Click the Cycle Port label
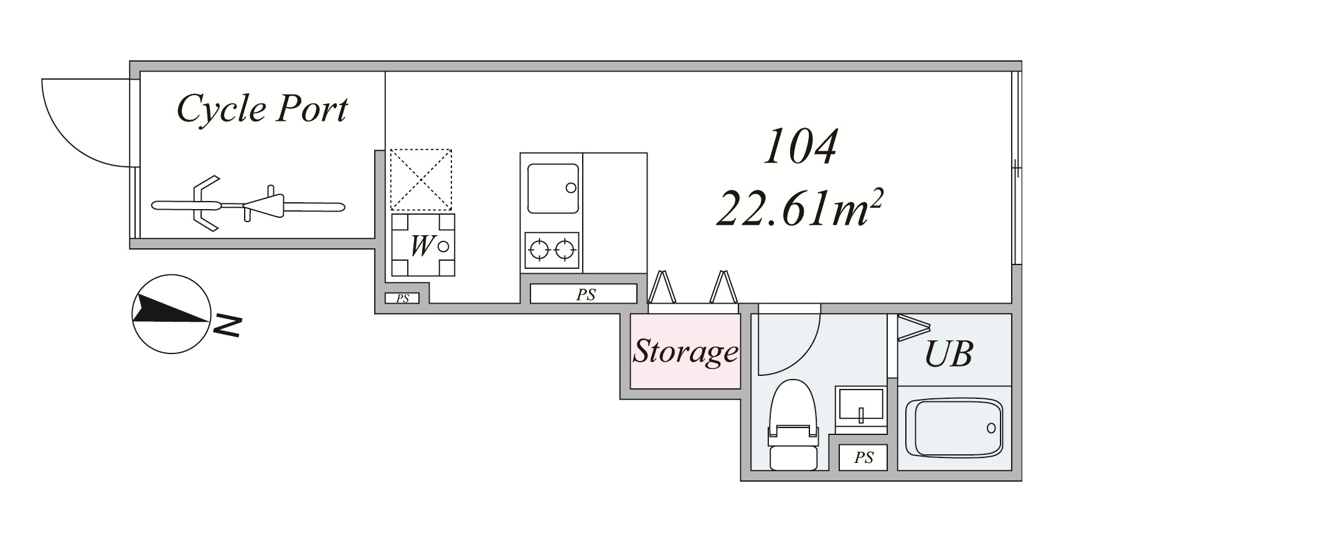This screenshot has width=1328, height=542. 262,110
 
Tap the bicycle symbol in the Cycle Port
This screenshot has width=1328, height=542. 248,203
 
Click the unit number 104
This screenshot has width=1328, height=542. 801,147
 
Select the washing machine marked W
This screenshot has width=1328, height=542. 423,245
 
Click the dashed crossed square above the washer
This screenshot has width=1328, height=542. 421,179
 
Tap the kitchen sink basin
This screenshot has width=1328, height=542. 553,189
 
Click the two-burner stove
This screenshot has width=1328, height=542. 552,250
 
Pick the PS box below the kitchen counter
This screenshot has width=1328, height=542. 583,294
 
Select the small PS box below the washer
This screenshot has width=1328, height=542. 402,298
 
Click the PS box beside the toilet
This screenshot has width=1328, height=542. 863,457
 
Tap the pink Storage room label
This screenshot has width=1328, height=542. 685,352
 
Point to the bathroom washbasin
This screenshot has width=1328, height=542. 860,409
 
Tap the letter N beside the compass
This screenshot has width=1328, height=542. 227,325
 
